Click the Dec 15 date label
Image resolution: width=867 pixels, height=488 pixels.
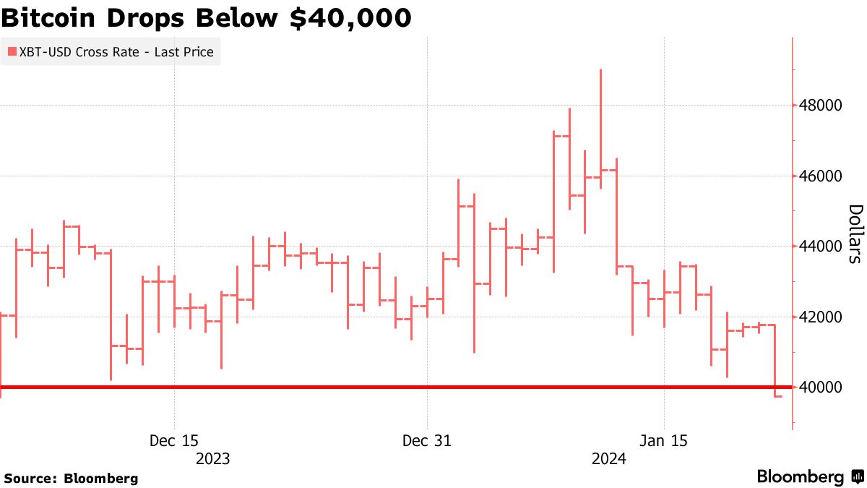[x=175, y=440]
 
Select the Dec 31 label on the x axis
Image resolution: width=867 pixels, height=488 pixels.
[x=427, y=440]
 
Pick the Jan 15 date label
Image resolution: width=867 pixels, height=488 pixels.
[x=664, y=440]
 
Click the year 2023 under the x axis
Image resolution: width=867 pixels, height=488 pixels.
[x=213, y=458]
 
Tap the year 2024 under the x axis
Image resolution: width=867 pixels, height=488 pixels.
[x=609, y=458]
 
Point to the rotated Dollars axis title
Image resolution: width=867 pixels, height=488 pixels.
[x=854, y=234]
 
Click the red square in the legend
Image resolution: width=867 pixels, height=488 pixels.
[x=12, y=52]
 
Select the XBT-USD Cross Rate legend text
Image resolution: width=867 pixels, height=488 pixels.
[x=116, y=52]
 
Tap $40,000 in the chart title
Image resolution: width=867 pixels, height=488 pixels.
[x=350, y=17]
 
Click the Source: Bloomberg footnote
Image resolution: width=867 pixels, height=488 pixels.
[x=71, y=478]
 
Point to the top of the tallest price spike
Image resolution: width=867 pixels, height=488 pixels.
[x=600, y=70]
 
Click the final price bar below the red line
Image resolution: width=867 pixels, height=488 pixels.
[x=777, y=395]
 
